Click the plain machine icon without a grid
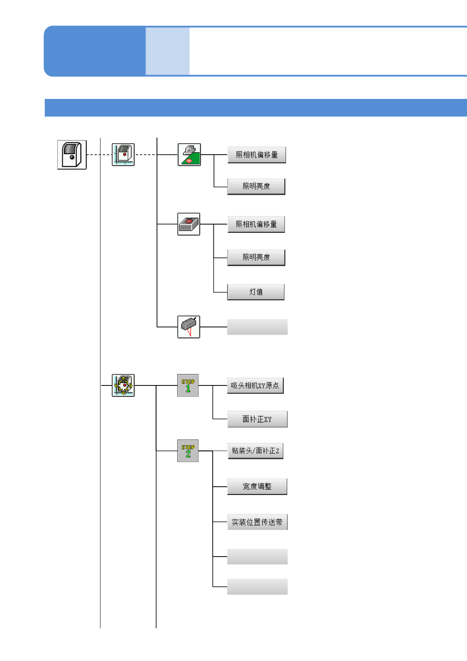coord(72,155)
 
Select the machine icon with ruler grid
coord(123,155)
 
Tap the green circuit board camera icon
coord(189,155)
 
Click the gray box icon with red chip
coord(189,224)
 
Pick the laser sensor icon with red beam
coord(189,327)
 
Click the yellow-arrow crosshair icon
coord(123,385)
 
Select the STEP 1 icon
coord(188,385)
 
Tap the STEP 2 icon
coord(188,451)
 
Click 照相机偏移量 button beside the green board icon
coord(257,155)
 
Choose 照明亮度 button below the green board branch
coord(256,186)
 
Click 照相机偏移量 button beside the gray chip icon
coord(256,224)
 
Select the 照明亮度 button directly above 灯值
coord(256,257)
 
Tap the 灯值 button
coord(255,292)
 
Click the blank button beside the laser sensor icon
coord(257,327)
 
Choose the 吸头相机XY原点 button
coord(255,385)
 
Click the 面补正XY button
coord(257,419)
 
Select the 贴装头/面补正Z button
coord(255,451)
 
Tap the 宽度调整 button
coord(257,486)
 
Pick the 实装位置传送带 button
coord(257,522)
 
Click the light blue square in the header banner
coord(168,51)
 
